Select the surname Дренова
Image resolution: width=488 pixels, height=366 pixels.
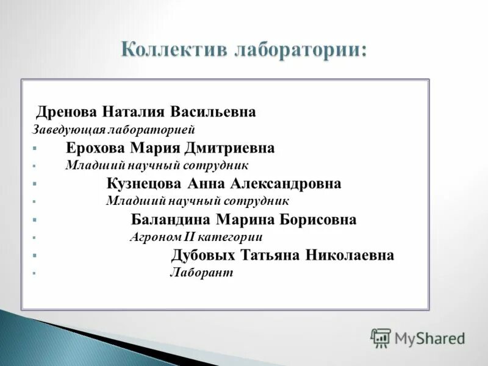pos(66,112)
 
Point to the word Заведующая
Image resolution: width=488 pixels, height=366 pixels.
pos(69,130)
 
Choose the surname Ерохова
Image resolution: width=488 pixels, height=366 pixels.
pos(95,148)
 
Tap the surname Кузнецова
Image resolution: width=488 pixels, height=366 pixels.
pos(144,184)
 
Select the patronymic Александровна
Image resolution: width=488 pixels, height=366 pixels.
pos(285,184)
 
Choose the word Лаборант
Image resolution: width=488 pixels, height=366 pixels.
pos(201,273)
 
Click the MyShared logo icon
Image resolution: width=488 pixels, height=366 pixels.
pos(381,337)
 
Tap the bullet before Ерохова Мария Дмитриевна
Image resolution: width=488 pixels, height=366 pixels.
pos(35,148)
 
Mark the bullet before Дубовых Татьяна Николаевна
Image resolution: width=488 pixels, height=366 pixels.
pos(35,256)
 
